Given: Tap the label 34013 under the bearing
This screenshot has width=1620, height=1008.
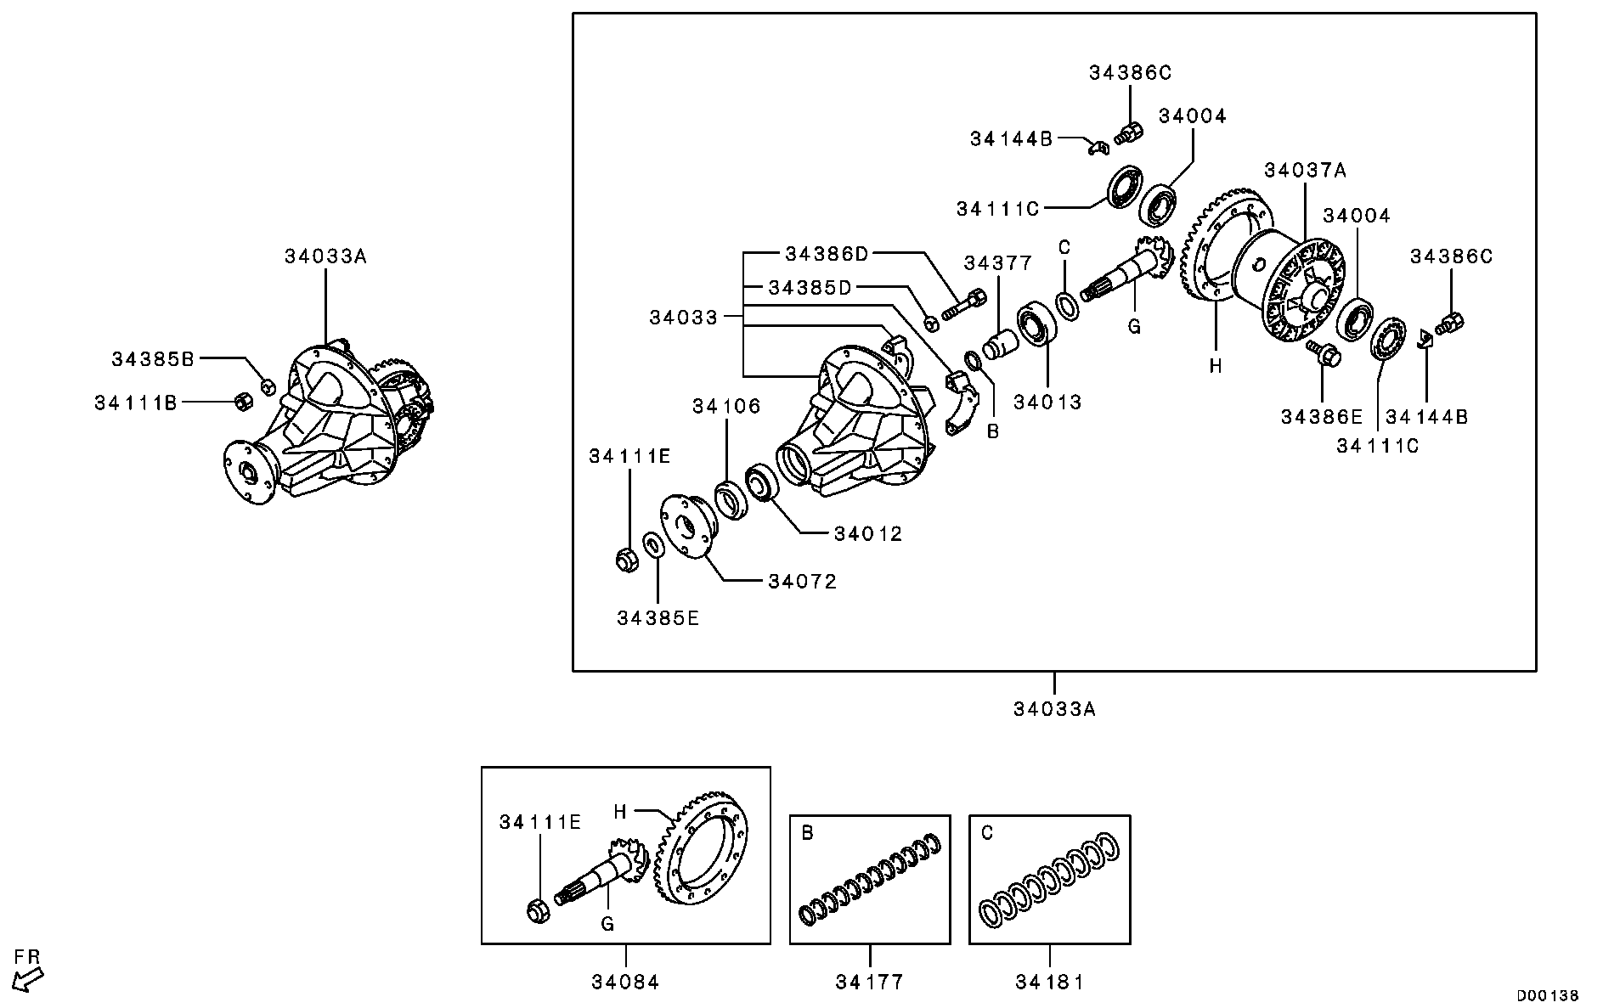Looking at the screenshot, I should point(1047,403).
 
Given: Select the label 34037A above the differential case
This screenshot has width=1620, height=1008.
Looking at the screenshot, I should point(1305,170).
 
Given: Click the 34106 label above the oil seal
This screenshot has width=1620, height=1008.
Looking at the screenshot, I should point(726,407).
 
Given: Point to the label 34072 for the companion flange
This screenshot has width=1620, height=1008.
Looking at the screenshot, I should point(802,582).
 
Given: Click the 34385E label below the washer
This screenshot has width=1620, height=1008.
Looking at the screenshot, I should point(658,618).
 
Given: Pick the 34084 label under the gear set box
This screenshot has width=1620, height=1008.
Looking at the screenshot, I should point(625,983).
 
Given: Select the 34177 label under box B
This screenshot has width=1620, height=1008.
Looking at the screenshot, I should point(869,983).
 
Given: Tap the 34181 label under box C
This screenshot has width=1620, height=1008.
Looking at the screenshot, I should point(1049,983).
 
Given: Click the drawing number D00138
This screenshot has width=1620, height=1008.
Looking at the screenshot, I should point(1548,994).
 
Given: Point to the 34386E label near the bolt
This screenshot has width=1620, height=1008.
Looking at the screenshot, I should point(1321,417).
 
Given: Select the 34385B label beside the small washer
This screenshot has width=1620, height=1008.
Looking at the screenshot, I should point(153,359).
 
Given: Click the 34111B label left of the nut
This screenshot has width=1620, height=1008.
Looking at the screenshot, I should point(136,403).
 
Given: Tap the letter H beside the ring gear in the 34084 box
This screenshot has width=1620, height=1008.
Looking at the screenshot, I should point(620,812).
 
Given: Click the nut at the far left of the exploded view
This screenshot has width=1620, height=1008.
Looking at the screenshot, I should point(626,559).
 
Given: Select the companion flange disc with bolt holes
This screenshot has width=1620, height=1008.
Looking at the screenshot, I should point(686,527).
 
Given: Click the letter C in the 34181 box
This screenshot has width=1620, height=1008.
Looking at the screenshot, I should point(986,833).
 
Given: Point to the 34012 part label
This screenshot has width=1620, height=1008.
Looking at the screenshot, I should point(867,533).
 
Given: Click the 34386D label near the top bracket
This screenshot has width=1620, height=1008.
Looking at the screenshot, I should point(827,253).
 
